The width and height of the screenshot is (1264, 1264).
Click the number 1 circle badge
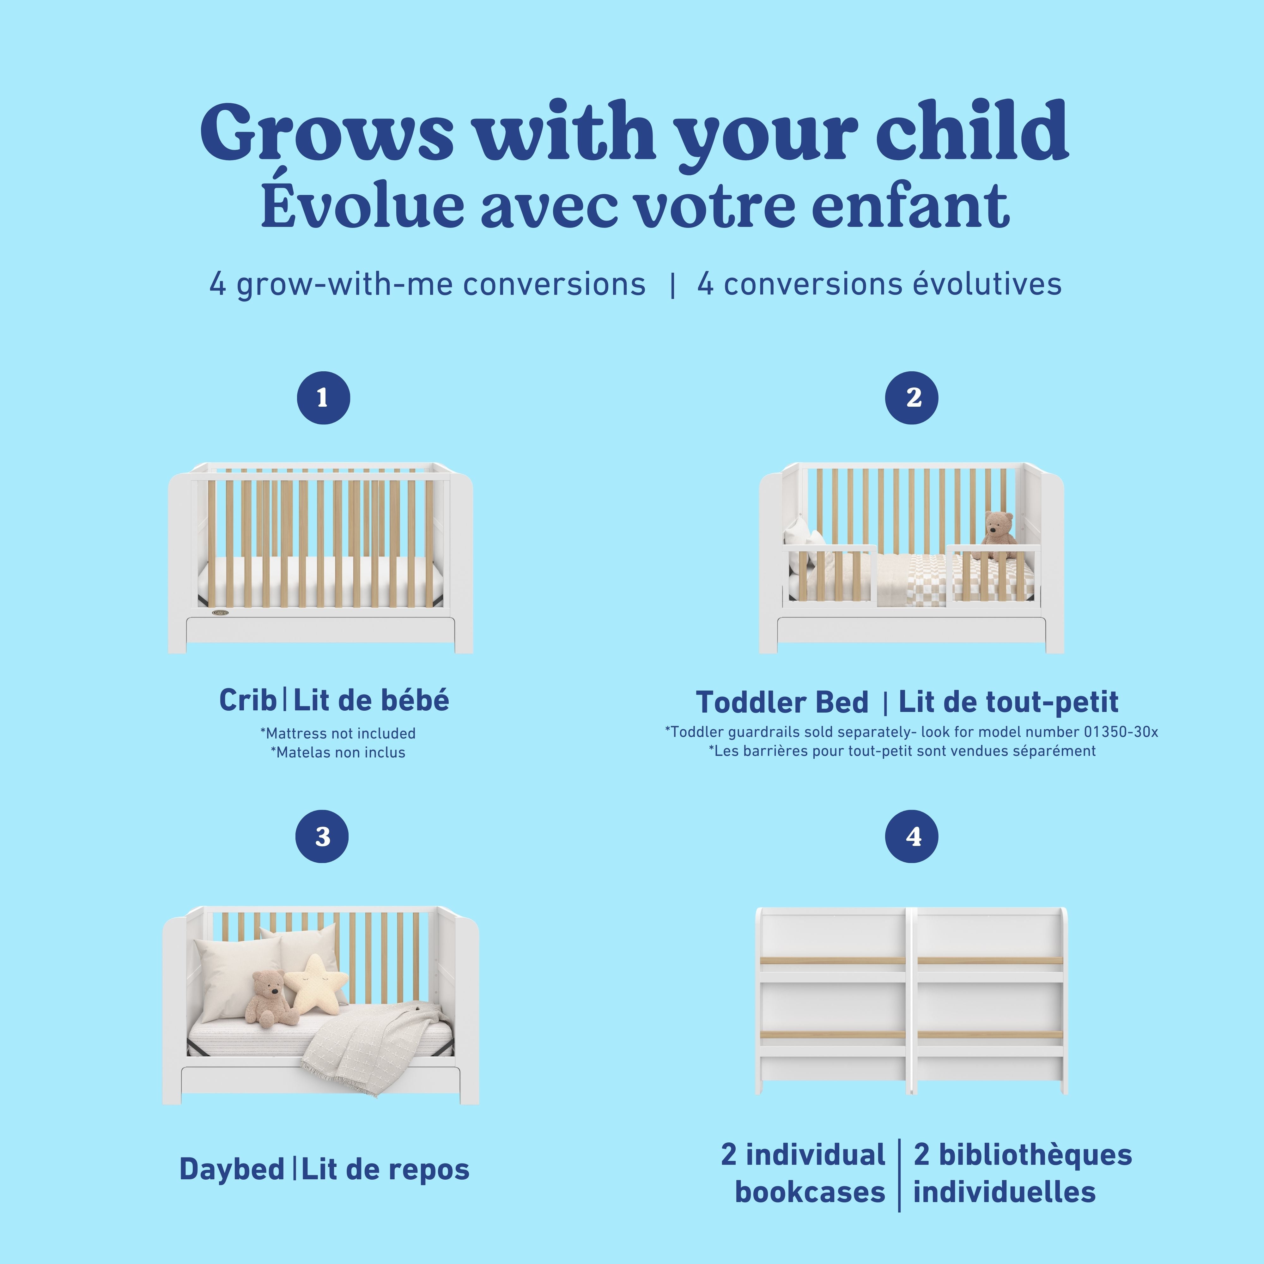[323, 398]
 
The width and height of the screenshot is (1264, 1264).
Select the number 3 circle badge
[322, 836]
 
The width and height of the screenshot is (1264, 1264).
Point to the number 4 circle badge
[911, 836]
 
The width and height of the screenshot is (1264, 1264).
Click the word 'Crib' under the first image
[247, 700]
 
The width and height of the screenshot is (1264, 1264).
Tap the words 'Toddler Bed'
[782, 702]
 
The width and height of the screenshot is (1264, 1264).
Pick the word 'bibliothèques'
[1023, 1155]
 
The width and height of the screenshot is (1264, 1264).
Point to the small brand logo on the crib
[220, 613]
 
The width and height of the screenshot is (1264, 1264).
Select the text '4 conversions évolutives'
[879, 284]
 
